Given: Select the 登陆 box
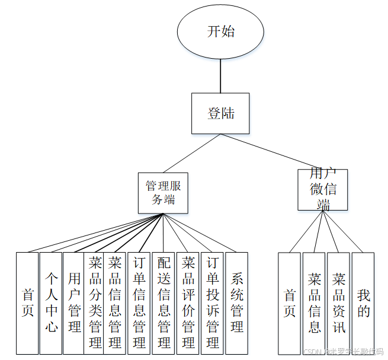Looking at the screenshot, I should point(220,113).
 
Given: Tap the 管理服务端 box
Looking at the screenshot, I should point(163,193).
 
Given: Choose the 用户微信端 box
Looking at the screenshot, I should point(322,189).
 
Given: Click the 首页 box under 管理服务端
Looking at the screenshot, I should point(27,303).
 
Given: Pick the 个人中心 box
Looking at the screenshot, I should point(51,303).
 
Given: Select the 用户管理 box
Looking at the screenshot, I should point(74,303).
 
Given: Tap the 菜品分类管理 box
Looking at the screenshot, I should point(94,303).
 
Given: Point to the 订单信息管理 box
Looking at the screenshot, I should point(139,303).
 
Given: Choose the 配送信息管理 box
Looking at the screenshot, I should point(163,303).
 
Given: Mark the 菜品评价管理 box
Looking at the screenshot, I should point(188,303).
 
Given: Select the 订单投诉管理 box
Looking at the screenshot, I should point(213,303).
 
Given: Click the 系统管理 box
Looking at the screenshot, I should point(237,303).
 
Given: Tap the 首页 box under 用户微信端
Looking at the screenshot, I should point(290,303).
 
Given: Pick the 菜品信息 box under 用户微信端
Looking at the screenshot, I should point(314,303).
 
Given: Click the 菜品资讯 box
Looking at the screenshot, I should point(338,303).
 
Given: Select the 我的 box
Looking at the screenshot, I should point(363,303).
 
